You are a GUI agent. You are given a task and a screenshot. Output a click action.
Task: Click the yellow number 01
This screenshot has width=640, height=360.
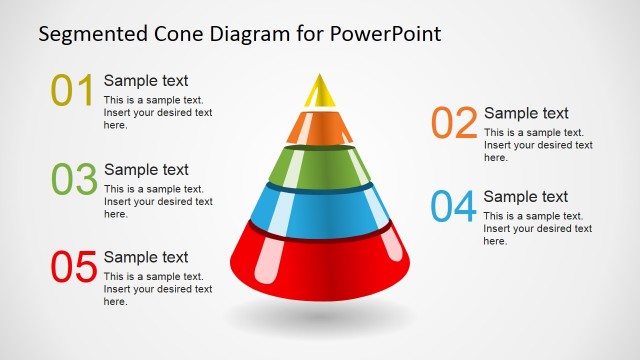73,90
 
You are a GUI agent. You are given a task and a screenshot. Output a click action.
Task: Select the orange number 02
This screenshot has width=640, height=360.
454,123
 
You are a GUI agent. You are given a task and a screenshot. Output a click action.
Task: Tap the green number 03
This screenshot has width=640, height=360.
74,179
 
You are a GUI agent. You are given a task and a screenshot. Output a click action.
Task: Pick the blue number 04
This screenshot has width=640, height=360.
454,206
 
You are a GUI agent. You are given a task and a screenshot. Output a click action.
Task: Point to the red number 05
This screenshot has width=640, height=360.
74,267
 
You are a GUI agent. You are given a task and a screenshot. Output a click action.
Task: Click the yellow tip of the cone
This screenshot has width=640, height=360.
320,91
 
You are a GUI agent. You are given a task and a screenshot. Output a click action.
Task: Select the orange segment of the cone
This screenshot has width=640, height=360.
320,126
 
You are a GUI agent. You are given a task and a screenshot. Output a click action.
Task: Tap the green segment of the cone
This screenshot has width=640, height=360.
320,166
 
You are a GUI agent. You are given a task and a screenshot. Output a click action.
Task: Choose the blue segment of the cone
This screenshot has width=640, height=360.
320,208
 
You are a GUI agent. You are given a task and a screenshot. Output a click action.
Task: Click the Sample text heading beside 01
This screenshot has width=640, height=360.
146,81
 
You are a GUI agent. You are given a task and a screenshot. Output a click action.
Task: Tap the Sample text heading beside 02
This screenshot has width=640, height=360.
526,114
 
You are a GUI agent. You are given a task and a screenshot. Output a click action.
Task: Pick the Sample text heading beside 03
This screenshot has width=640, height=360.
146,170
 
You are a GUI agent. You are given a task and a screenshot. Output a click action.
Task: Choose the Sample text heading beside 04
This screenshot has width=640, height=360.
526,197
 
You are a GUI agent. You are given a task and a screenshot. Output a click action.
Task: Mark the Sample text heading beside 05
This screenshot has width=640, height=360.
146,258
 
